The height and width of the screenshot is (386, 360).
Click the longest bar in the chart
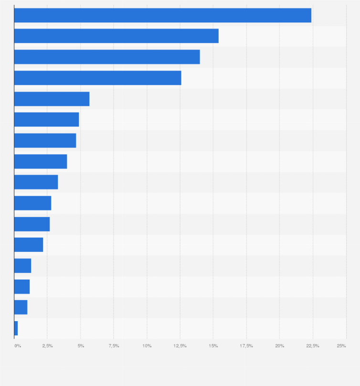162,15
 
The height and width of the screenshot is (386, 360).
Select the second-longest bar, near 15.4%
116,36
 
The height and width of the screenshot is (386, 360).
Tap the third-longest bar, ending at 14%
107,57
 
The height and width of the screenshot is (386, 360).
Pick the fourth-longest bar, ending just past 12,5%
97,78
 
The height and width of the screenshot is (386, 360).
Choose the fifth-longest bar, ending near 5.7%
52,99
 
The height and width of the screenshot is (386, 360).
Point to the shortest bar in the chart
16,328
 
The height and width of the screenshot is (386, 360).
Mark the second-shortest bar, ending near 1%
21,307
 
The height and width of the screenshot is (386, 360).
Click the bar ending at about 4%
41,161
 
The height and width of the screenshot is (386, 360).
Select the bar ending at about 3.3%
36,182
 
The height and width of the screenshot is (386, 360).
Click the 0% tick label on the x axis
18,345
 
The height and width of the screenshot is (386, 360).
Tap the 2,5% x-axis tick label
47,345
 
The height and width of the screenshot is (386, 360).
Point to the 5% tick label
81,345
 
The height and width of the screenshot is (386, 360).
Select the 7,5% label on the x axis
114,345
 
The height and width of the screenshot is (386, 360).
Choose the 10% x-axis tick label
147,345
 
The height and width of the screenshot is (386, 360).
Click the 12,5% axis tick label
180,345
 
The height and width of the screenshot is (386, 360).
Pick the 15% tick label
213,345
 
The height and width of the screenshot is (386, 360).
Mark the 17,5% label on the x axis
246,345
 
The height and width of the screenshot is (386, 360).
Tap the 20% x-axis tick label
280,345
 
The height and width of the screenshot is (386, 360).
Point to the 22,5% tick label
313,345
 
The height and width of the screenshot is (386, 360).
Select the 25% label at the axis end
341,345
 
